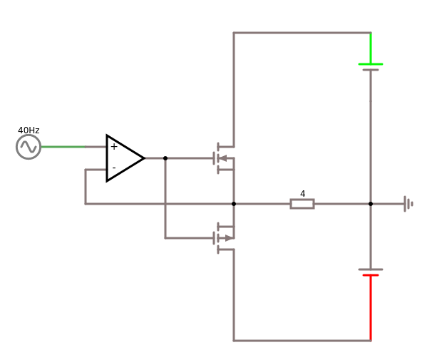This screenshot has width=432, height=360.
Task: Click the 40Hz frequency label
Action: point(29,130)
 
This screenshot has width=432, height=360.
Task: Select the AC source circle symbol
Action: point(29,147)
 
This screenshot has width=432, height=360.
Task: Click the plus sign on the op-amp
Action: point(114,147)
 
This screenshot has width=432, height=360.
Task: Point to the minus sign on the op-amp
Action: point(114,168)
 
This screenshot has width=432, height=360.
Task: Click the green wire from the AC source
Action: point(63,147)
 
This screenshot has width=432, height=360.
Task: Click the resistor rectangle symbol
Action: point(302,204)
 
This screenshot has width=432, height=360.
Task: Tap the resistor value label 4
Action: point(302,194)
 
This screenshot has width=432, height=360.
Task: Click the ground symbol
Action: point(408,204)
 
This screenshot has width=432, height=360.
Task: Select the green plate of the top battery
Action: point(371,64)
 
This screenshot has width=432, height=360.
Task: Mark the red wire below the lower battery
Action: point(371,307)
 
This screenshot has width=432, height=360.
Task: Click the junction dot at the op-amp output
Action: point(165,158)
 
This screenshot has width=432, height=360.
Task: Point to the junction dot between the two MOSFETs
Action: point(234,204)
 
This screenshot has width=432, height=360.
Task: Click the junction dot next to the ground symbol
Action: point(371,204)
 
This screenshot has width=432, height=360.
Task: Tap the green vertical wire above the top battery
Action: point(371,48)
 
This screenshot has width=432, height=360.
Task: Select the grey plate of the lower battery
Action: point(371,269)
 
